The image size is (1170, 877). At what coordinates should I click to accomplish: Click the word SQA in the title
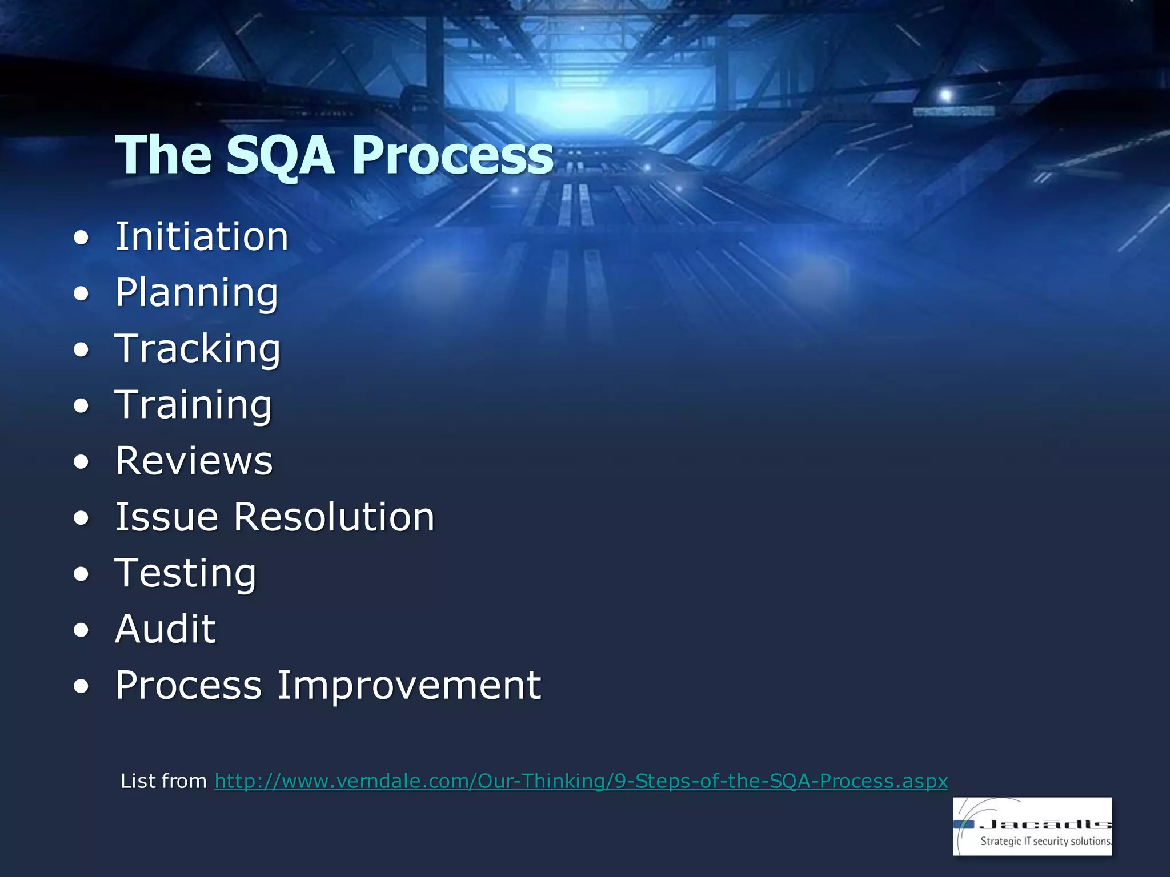coord(280,155)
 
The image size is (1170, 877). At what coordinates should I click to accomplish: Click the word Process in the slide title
coord(452,155)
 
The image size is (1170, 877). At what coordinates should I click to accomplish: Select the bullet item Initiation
coord(202,236)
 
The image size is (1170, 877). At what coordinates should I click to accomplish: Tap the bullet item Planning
coord(197,293)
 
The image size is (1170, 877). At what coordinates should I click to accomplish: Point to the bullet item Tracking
coord(198,349)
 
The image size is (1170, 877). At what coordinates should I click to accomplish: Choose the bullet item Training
coord(194,405)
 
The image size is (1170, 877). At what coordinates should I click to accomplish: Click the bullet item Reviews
coord(194,461)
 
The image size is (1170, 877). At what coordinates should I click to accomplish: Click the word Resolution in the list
coord(334,517)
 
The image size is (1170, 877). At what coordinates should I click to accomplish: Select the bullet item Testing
coord(186,573)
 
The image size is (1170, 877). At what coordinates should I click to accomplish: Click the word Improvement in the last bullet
coord(409,685)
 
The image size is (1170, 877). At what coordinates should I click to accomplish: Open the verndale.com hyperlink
coord(581,781)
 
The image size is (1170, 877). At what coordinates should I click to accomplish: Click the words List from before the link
coord(163,781)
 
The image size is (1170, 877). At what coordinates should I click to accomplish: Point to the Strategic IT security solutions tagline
coord(1045,841)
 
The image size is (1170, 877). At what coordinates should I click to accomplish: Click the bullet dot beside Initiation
coord(82,238)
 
